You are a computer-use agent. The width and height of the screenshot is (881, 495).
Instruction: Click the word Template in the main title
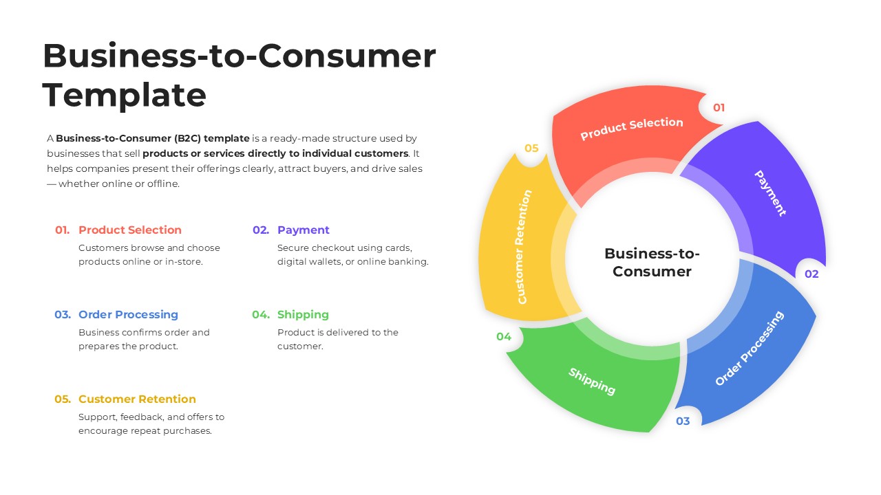pos(125,95)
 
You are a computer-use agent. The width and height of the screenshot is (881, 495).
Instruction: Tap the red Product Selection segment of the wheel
pos(631,129)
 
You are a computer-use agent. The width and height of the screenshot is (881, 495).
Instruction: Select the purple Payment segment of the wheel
pos(770,193)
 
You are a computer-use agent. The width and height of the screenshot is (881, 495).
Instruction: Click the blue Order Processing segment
pos(749,348)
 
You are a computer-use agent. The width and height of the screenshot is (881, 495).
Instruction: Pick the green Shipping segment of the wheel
pos(592,382)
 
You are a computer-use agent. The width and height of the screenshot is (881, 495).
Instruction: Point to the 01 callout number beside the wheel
pos(719,108)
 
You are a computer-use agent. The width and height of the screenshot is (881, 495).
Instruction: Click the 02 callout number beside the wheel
pos(811,274)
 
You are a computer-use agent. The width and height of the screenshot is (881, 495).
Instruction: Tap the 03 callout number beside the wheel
pos(682,421)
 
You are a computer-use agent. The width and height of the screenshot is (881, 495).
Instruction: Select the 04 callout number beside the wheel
pos(504,337)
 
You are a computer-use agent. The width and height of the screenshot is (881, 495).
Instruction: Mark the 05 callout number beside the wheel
pos(531,148)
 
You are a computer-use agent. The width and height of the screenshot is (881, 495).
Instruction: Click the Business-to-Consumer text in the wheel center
pos(652,262)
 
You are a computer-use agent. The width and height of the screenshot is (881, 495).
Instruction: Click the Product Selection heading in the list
pos(130,230)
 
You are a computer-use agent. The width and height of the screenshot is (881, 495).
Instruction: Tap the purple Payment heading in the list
pos(304,230)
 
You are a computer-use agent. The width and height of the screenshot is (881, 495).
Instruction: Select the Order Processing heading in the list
pos(128,315)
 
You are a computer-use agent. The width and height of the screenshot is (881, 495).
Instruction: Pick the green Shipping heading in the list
pos(303,315)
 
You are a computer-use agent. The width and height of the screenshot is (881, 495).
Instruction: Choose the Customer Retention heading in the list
pos(137,399)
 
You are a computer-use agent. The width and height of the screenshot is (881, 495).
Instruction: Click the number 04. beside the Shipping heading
pos(261,315)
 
